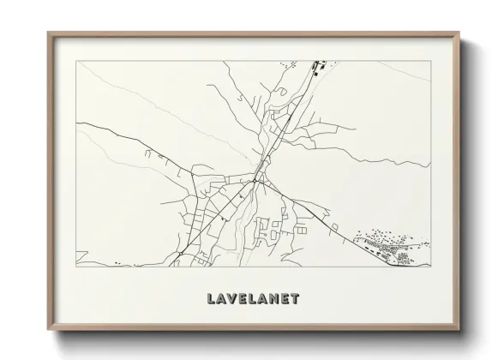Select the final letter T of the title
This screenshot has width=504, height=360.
pyautogui.click(x=295, y=299)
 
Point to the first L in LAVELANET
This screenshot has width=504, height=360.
pyautogui.click(x=211, y=299)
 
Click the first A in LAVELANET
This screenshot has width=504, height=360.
pyautogui.click(x=221, y=299)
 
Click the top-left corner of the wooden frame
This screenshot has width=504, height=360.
pyautogui.click(x=48, y=33)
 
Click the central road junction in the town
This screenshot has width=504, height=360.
pyautogui.click(x=256, y=181)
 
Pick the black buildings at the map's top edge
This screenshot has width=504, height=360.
pyautogui.click(x=318, y=68)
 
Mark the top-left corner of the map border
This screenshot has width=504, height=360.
pyautogui.click(x=76, y=62)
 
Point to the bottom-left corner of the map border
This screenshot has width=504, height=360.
pyautogui.click(x=76, y=266)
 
